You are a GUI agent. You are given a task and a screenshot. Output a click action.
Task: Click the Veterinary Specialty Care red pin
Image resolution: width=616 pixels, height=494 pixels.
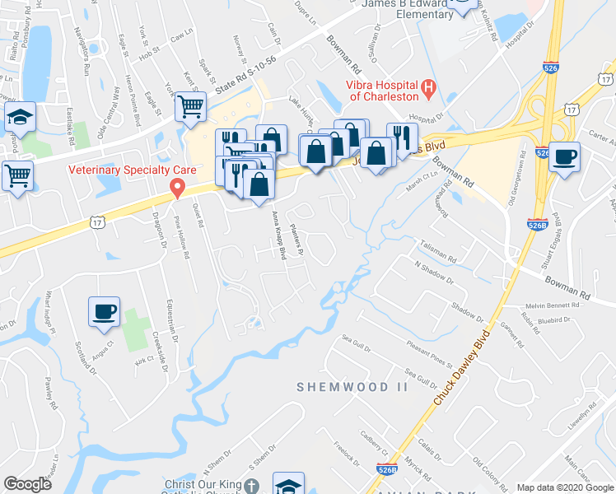(x=176, y=189)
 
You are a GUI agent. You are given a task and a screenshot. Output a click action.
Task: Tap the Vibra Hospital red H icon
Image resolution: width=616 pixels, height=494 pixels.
(x=428, y=87)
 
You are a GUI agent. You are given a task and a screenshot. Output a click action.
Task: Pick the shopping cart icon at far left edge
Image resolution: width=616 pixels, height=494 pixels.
(x=17, y=175)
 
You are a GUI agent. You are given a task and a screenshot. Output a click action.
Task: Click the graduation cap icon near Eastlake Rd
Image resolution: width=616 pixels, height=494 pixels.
(x=21, y=119)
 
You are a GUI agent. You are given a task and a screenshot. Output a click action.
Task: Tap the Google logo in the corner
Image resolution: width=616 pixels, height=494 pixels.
(x=27, y=484)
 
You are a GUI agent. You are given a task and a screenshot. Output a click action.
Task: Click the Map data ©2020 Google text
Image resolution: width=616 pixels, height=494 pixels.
(x=565, y=487)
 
